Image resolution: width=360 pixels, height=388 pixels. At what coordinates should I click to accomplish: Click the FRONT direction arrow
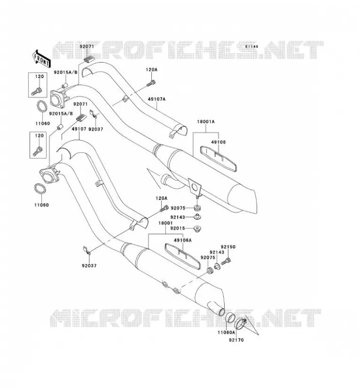point(42,59)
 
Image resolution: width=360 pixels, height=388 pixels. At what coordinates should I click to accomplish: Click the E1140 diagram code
point(252,47)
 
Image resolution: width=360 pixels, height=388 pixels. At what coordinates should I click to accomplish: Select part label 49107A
point(157,99)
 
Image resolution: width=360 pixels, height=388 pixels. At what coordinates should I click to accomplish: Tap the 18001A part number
point(206,122)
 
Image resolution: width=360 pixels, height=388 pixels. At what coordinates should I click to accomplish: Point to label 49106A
point(183,240)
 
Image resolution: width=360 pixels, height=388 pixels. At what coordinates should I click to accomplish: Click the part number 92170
point(236,340)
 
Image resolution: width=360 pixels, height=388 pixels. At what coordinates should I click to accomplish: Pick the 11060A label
point(226,332)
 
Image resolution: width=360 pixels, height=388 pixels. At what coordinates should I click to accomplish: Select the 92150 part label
point(228,247)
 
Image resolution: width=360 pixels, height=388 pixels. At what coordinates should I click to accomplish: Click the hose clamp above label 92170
point(240,323)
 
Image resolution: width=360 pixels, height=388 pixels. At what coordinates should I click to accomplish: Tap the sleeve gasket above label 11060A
point(229,319)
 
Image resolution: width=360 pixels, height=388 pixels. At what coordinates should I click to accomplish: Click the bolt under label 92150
point(226,261)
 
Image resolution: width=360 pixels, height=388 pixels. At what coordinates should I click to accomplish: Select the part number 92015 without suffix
point(178,228)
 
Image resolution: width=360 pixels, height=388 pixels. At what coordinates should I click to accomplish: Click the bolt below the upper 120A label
point(151,83)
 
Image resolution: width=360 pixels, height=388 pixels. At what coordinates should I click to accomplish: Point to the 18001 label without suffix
point(165,223)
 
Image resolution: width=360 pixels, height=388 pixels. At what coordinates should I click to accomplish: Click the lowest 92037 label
point(89,265)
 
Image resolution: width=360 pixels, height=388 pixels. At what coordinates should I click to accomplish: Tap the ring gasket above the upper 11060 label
point(42,106)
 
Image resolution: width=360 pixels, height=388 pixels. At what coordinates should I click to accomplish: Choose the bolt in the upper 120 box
point(37,91)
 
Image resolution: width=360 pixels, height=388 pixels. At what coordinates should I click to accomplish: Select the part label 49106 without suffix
point(218,142)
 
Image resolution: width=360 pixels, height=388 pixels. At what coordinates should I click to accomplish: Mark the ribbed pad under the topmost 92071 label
point(89,60)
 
